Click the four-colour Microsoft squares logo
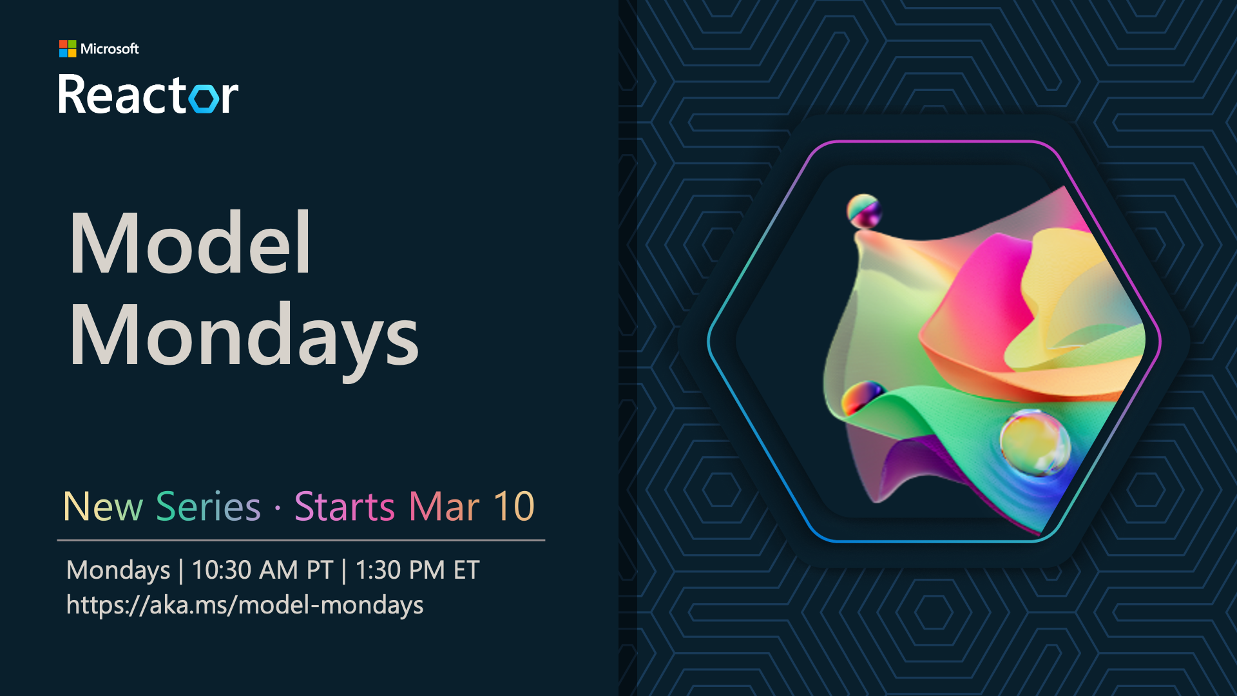pos(68,48)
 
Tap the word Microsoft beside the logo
pos(110,49)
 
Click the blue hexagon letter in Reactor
pos(206,98)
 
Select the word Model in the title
pos(191,244)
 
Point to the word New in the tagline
pos(103,507)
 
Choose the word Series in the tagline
pos(208,507)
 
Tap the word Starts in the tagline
pos(345,507)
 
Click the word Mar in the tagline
pos(445,507)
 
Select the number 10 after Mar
pos(514,507)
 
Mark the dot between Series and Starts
pos(278,508)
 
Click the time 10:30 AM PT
pos(262,570)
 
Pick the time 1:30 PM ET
pos(417,570)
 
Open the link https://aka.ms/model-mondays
pos(245,606)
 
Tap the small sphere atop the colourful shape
pos(863,211)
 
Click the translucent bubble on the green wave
pos(1035,443)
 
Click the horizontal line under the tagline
pos(301,540)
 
